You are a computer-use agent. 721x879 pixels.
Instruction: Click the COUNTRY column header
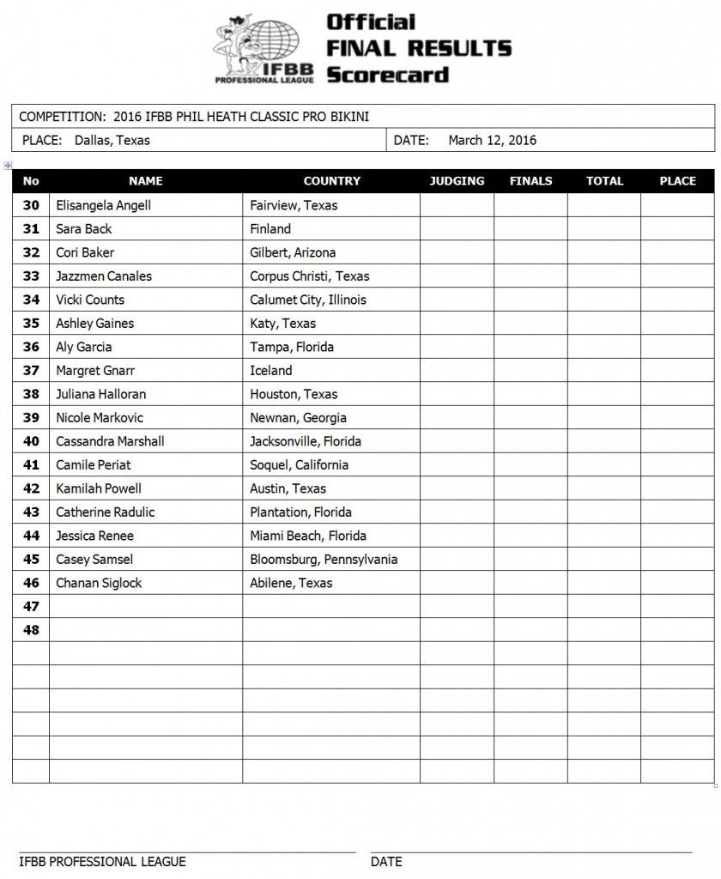click(x=332, y=181)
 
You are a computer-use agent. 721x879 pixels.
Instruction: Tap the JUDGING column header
click(x=457, y=181)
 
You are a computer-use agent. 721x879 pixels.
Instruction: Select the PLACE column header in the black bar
click(x=677, y=181)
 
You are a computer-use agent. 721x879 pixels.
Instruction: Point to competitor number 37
click(x=31, y=371)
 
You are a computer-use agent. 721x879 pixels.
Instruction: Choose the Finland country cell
click(x=270, y=229)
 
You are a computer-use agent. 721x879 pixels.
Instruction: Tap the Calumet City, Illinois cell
click(x=307, y=300)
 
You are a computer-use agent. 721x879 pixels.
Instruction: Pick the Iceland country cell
click(x=270, y=371)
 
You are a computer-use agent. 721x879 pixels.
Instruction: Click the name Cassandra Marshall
click(x=110, y=441)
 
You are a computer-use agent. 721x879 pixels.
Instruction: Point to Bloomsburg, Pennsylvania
click(x=324, y=560)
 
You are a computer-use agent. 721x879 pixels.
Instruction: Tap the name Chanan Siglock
click(x=99, y=583)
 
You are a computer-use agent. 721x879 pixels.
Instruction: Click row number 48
click(x=31, y=630)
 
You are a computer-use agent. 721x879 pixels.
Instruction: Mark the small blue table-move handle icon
click(x=8, y=164)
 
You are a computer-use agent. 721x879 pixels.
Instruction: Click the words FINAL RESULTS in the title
click(x=419, y=47)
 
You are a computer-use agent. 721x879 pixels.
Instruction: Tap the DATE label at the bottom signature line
click(x=386, y=861)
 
